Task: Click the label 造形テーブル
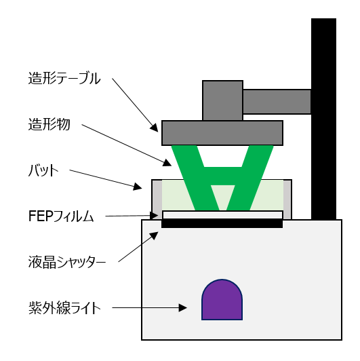coord(64,78)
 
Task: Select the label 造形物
coord(49,124)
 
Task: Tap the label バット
coord(43,170)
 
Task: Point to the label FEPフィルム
coord(61,216)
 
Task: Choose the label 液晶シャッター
coord(67,262)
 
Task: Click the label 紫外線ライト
coord(64,308)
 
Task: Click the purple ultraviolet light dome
coord(222,299)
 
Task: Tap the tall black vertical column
coord(323,119)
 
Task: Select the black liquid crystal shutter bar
coord(222,223)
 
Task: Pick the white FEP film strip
coord(222,215)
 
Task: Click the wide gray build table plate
coord(222,133)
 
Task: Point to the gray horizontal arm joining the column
coord(277,102)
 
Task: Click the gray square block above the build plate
coord(222,100)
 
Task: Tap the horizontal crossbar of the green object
coord(222,176)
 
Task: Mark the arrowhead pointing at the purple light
coord(182,308)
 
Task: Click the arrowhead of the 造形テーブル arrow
coord(155,128)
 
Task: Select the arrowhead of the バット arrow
coord(138,187)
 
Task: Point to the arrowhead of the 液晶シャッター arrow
coord(155,235)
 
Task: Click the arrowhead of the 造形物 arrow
coord(167,163)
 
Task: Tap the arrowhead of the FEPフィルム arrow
coord(154,216)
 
